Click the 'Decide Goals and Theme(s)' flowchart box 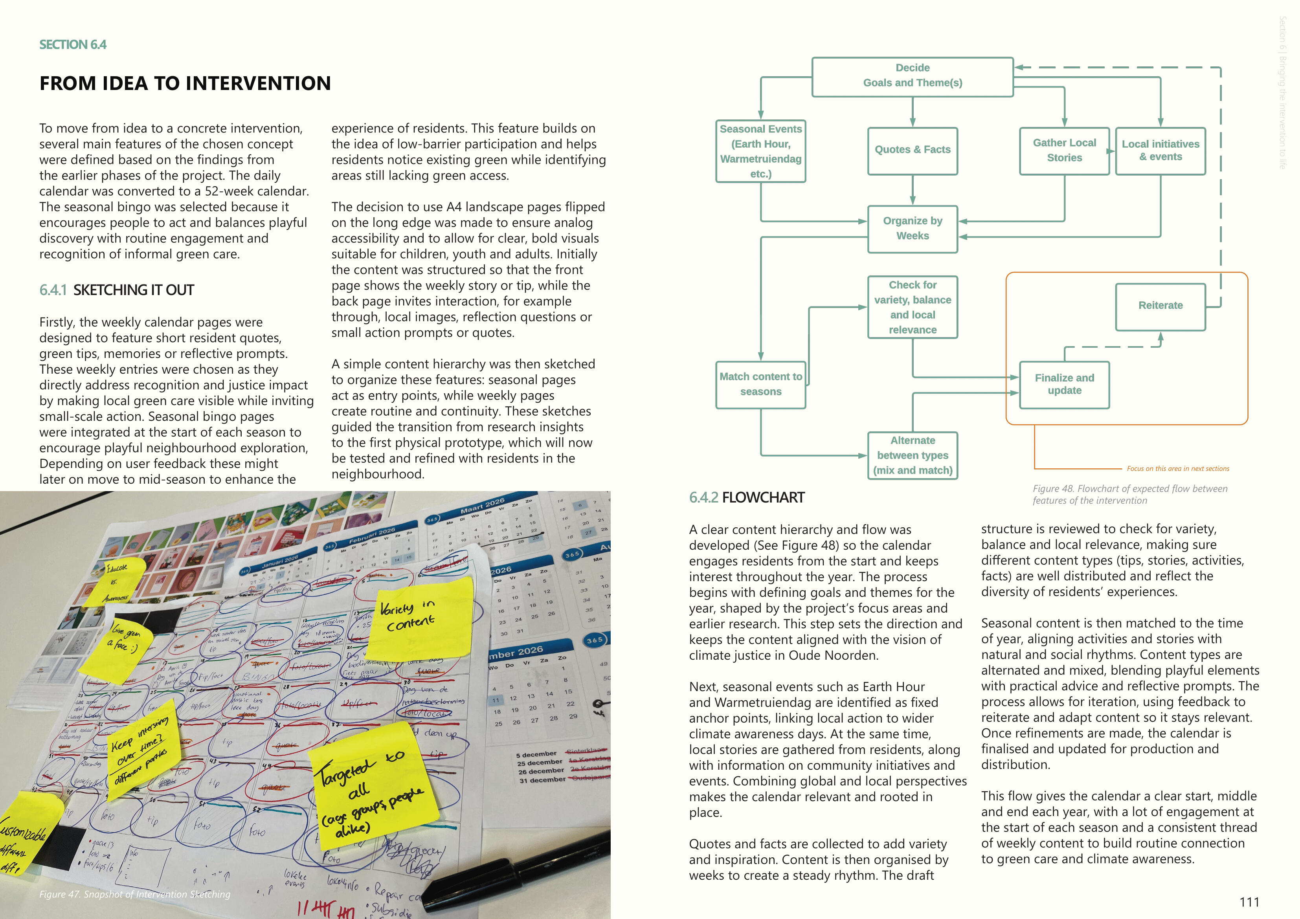pos(912,76)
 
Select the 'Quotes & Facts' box pos(912,150)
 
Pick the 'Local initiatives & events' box pos(1160,150)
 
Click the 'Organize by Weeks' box pos(912,228)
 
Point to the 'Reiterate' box pos(1160,306)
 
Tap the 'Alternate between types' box pos(912,455)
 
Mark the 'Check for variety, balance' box pos(912,307)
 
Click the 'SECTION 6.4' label pos(72,45)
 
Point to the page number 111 pos(1249,902)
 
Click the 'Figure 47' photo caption pos(135,894)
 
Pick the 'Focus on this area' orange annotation pos(1178,468)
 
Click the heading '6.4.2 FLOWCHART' pos(746,498)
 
